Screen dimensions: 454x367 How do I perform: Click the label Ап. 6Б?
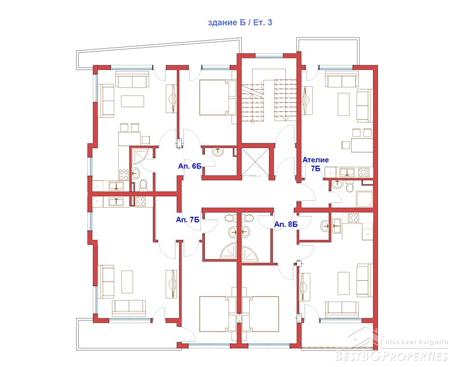(190, 166)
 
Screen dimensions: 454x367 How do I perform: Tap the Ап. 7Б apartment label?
(188, 220)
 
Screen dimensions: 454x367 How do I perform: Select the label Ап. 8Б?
(286, 224)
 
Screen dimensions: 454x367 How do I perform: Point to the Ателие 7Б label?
(316, 164)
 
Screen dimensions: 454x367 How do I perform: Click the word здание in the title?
(222, 23)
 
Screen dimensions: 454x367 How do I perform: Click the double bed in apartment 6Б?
(218, 97)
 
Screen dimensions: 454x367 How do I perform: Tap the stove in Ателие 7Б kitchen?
(363, 172)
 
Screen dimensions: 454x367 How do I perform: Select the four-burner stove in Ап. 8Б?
(353, 218)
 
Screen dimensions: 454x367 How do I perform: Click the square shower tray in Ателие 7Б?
(365, 199)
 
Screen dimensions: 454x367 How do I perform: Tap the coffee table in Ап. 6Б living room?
(133, 101)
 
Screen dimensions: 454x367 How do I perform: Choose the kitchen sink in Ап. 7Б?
(116, 201)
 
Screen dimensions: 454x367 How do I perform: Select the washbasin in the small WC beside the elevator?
(217, 152)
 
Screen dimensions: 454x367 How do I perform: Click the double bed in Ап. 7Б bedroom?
(218, 314)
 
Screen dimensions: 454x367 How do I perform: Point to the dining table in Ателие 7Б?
(362, 145)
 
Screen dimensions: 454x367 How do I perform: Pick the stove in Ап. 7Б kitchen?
(140, 201)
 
